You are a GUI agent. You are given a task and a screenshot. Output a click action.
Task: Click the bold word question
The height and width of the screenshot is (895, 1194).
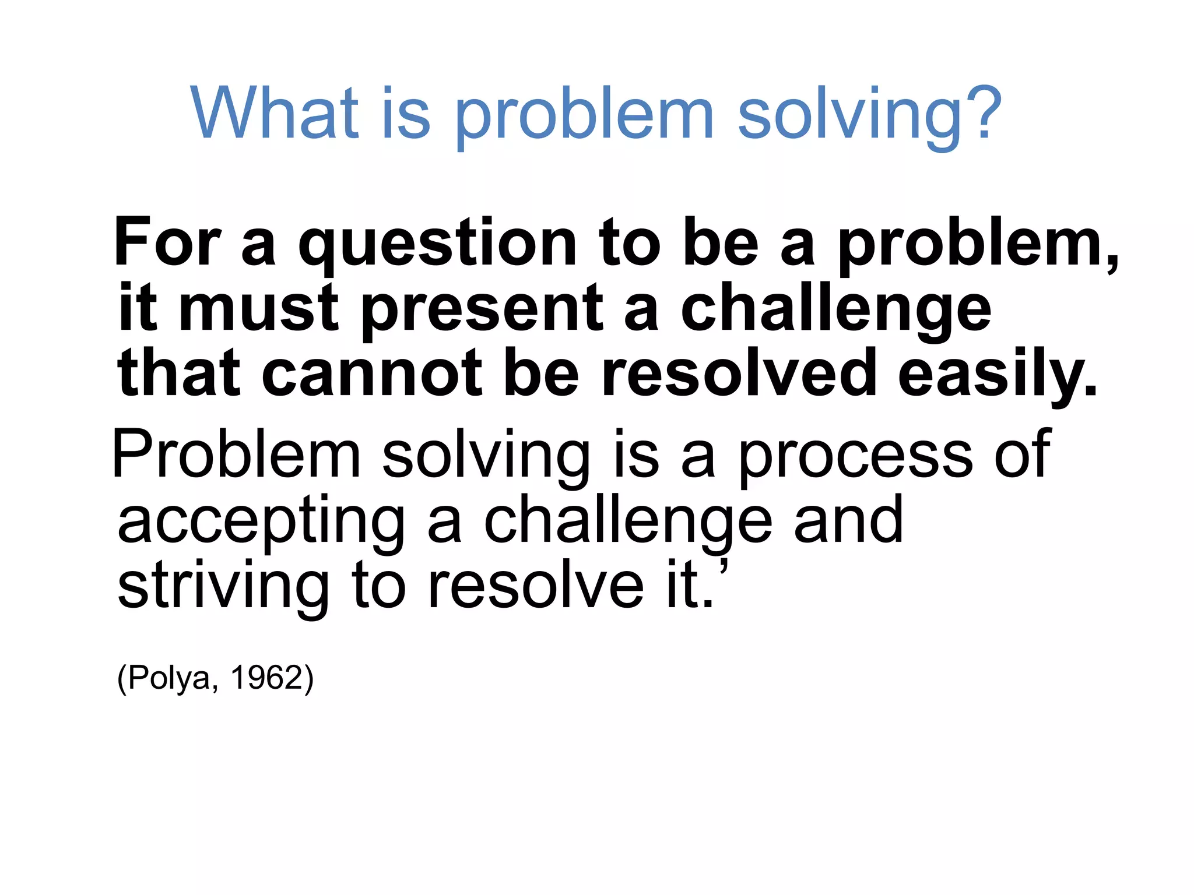coord(437,245)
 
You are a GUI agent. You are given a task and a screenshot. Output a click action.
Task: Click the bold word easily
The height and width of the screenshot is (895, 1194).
coord(997,376)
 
